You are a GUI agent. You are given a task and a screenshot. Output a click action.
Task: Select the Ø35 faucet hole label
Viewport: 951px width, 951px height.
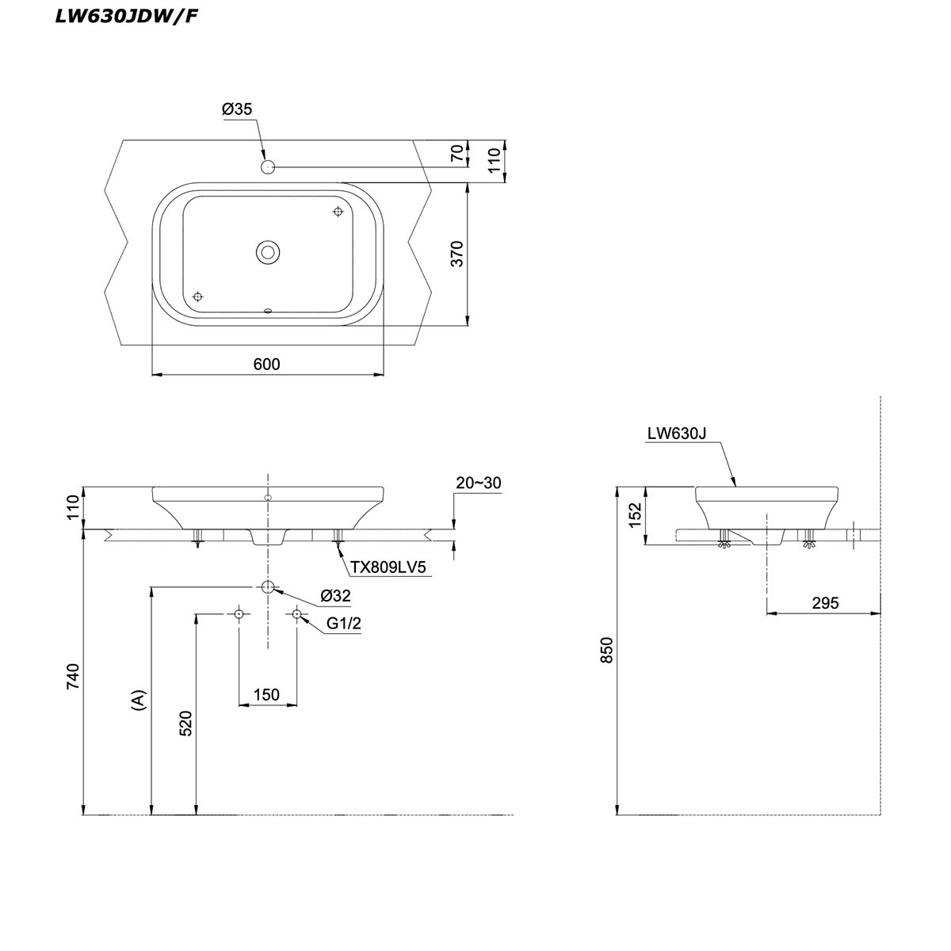237,109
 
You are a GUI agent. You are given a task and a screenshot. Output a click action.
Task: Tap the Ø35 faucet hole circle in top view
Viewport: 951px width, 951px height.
268,167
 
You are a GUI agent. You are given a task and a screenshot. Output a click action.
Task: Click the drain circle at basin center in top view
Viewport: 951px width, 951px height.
268,253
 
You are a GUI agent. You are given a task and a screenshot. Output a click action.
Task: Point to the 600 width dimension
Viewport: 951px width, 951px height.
266,364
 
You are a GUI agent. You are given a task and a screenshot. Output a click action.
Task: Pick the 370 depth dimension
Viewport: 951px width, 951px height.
457,254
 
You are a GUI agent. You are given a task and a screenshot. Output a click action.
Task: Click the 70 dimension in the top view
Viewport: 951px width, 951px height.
457,154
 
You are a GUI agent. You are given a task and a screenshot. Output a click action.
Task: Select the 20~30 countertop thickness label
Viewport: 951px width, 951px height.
479,483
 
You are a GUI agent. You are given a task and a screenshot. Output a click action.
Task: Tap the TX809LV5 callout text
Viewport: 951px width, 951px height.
389,567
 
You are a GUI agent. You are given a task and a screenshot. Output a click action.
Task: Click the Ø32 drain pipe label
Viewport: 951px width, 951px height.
335,595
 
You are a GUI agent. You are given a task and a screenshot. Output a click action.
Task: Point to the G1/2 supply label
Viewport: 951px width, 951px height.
344,624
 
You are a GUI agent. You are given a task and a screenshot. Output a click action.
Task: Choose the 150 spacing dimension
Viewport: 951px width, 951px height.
266,694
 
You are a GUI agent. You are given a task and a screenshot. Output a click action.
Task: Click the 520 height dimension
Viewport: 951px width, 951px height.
185,723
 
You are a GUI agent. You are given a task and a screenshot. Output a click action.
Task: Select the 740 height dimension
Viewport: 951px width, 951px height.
72,675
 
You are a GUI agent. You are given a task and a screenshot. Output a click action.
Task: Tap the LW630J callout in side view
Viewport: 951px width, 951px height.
676,433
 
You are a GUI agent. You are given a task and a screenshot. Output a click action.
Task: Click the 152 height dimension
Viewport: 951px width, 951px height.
634,515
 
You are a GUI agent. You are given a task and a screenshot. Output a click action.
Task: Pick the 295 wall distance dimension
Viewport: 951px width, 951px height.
825,602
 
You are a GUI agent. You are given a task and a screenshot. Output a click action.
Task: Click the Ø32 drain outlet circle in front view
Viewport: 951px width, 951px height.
268,587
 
